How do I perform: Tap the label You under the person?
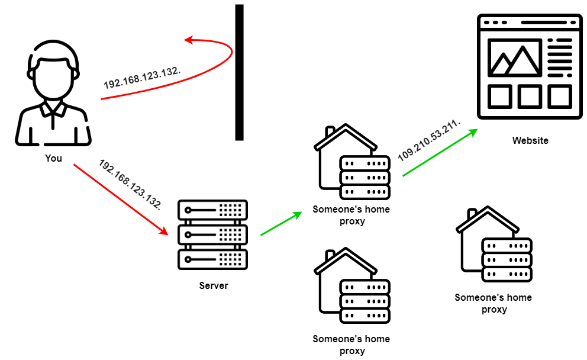53,159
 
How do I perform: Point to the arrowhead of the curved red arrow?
188,40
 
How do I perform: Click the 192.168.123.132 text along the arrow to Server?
130,184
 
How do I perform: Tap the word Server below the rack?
213,286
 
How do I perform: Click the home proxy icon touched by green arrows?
351,163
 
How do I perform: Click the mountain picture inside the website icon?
514,58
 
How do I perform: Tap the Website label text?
530,141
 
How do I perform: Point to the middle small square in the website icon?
530,96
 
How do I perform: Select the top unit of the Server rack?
212,210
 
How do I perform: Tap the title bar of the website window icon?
530,22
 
